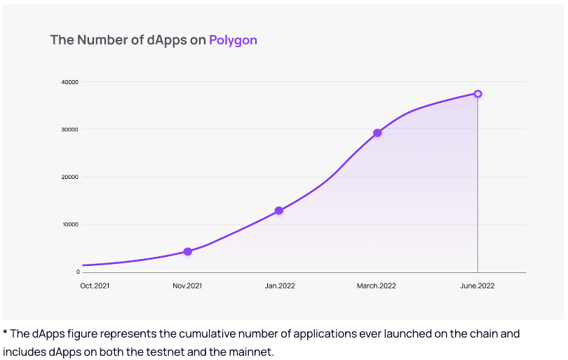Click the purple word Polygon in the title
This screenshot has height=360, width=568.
click(x=233, y=40)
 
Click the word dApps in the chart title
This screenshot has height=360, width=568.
click(x=167, y=40)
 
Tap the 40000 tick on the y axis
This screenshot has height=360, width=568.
click(x=69, y=82)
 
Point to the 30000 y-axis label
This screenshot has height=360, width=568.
click(x=69, y=129)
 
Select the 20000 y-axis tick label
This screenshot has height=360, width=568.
click(x=69, y=177)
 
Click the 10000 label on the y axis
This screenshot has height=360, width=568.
click(x=69, y=225)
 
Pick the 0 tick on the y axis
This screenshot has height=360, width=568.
click(x=77, y=272)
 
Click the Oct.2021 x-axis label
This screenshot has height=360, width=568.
click(x=95, y=286)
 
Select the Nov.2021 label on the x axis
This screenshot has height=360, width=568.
click(x=187, y=286)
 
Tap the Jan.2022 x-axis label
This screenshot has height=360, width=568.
click(x=278, y=286)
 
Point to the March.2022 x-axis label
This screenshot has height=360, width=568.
click(x=377, y=286)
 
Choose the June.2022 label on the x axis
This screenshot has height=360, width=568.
click(x=478, y=286)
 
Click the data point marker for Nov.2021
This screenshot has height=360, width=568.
click(x=187, y=251)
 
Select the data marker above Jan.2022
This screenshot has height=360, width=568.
click(x=278, y=211)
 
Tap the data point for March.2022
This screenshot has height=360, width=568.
click(x=377, y=133)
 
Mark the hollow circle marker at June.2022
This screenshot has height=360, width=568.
click(x=478, y=93)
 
